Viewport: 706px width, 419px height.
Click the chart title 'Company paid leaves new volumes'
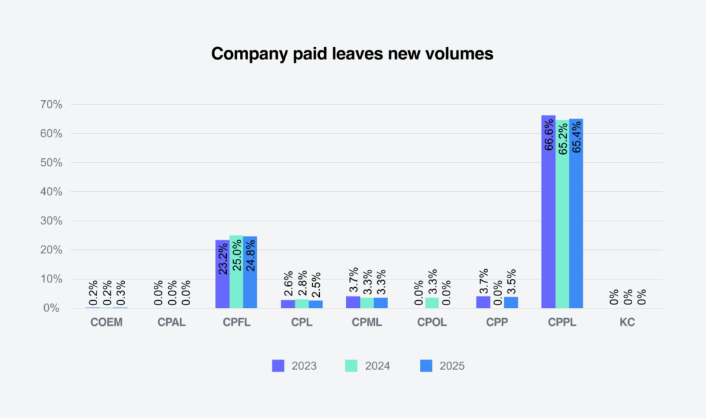(352, 54)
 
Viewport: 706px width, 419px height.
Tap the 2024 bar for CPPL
(562, 213)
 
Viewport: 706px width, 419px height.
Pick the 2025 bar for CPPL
(576, 213)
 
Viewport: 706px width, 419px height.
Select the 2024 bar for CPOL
(432, 303)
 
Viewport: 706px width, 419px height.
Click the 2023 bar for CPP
(483, 302)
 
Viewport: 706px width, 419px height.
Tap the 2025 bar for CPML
(380, 303)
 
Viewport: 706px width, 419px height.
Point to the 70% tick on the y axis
(51, 105)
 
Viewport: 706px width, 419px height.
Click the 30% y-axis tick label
(51, 221)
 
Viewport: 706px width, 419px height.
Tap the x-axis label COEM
(105, 322)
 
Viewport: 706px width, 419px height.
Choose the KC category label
(627, 322)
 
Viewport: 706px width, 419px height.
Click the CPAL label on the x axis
(171, 322)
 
